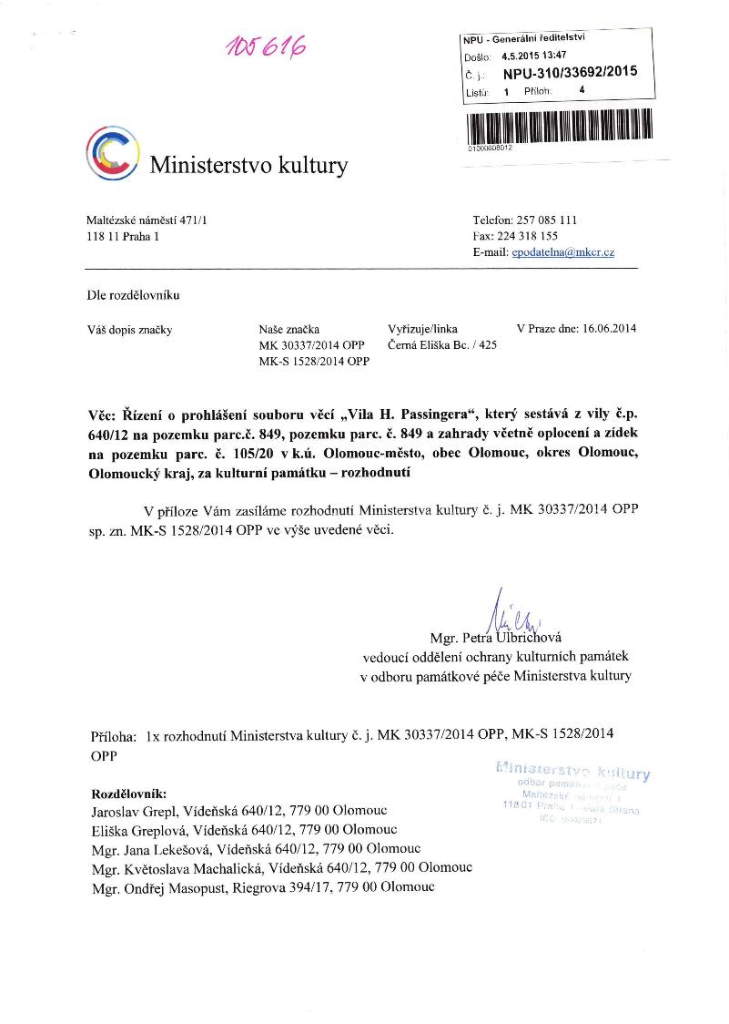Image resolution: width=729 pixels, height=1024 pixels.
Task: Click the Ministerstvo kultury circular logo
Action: tap(112, 152)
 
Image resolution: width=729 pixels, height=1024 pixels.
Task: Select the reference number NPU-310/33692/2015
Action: tap(570, 72)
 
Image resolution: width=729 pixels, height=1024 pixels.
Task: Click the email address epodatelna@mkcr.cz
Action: tap(562, 251)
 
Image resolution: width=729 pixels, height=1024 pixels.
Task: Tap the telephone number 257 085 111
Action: tap(545, 220)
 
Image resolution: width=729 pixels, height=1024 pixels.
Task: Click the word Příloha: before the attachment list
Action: tap(114, 733)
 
